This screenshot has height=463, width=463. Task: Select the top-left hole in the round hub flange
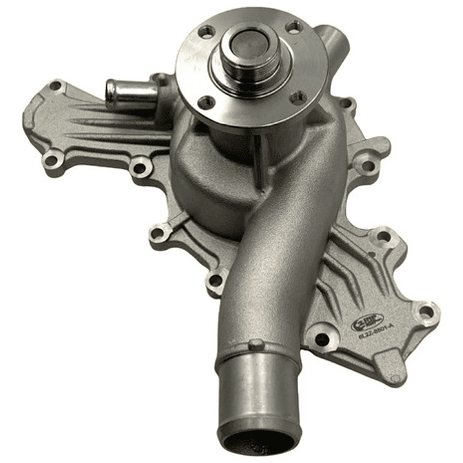pyautogui.click(x=205, y=31)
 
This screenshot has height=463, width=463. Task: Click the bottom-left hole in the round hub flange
pyautogui.click(x=206, y=102)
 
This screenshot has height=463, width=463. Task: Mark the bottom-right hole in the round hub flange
pyautogui.click(x=298, y=97)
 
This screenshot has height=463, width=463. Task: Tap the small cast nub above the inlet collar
pyautogui.click(x=256, y=345)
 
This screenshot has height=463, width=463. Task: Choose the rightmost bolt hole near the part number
pyautogui.click(x=426, y=313)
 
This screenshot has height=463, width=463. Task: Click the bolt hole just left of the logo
pyautogui.click(x=321, y=338)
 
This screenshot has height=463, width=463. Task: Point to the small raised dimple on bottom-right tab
pyautogui.click(x=394, y=377)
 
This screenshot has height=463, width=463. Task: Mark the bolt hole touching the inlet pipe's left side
pyautogui.click(x=216, y=280)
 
